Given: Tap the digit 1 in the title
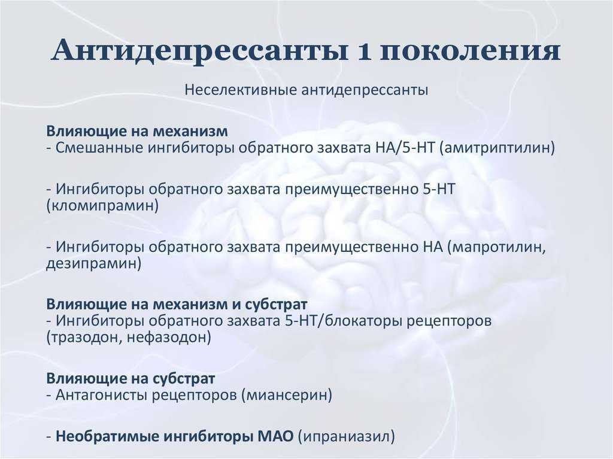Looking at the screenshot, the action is point(365,51).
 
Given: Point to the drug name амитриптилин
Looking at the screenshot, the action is point(497,148).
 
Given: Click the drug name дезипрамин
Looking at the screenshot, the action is point(93,263).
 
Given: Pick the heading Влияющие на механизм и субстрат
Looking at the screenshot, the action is point(177,304).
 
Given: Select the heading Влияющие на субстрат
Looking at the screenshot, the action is point(131,378).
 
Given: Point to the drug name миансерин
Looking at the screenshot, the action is point(287,395).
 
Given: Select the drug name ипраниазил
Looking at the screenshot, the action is point(347,436).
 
